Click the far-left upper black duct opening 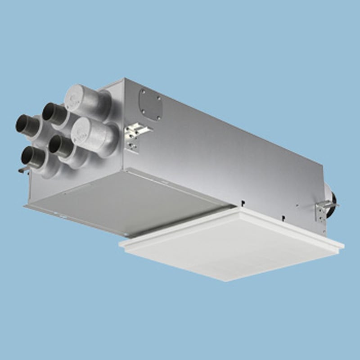(x=22, y=122)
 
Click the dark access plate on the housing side (x=150, y=104)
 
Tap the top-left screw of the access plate (x=143, y=93)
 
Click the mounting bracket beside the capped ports (x=135, y=135)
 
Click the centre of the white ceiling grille (x=232, y=243)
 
